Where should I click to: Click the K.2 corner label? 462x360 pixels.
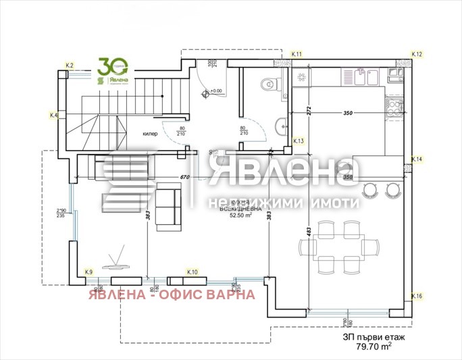[69, 65]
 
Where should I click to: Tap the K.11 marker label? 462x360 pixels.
[297, 53]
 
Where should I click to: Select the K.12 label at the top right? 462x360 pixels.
[417, 54]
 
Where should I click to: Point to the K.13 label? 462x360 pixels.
[299, 141]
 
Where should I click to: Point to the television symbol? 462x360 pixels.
[116, 260]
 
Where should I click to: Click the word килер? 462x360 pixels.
[150, 134]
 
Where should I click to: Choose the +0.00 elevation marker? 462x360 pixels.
[215, 91]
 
